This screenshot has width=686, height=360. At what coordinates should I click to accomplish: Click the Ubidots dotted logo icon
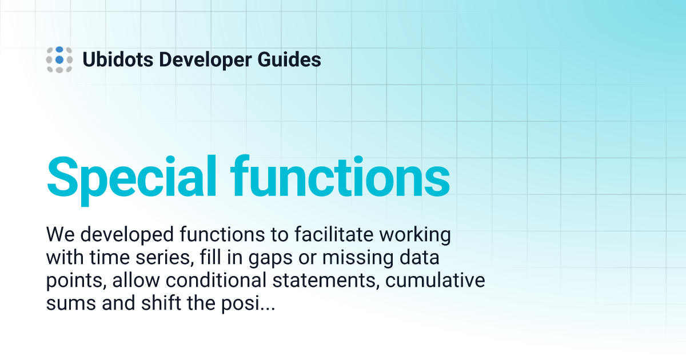point(59,59)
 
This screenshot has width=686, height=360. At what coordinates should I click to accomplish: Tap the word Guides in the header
point(294,59)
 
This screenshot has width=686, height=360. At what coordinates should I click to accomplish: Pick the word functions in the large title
point(341,175)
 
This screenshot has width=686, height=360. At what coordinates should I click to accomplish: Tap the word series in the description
point(165,258)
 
